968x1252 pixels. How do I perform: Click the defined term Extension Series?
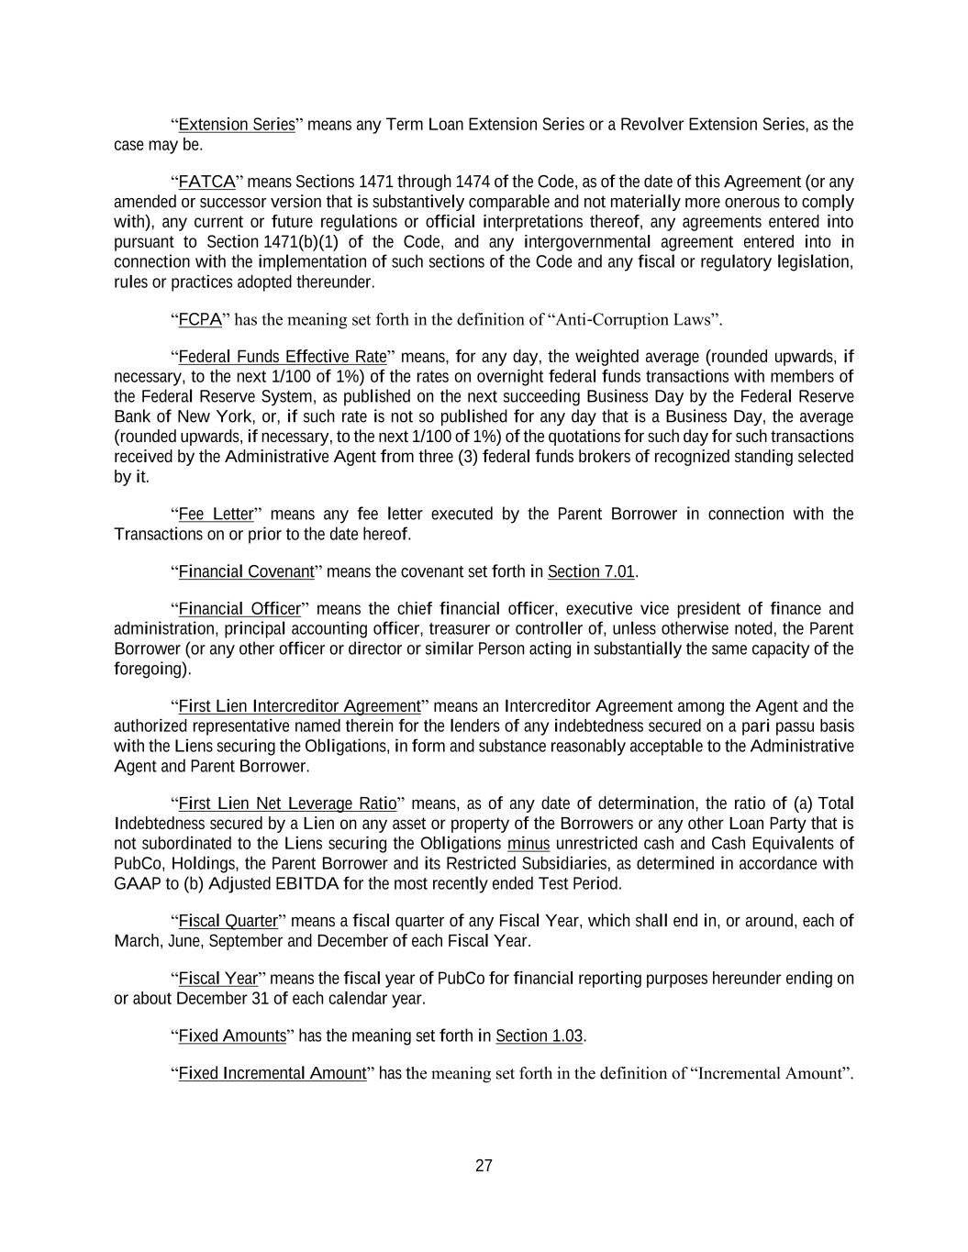pyautogui.click(x=237, y=125)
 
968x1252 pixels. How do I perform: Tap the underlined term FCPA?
pyautogui.click(x=200, y=319)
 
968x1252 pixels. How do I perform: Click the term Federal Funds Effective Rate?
pyautogui.click(x=283, y=357)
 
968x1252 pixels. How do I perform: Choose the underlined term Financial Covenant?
pyautogui.click(x=246, y=572)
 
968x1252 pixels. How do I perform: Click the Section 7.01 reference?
pyautogui.click(x=591, y=572)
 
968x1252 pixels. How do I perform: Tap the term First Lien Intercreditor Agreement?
pyautogui.click(x=299, y=706)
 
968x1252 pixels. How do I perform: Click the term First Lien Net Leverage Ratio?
pyautogui.click(x=287, y=804)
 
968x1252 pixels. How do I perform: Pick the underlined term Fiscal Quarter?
pyautogui.click(x=228, y=921)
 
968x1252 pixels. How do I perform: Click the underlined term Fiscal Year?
pyautogui.click(x=217, y=979)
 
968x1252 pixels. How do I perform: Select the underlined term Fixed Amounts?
pyautogui.click(x=232, y=1036)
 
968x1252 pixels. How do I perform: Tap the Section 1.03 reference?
pyautogui.click(x=540, y=1036)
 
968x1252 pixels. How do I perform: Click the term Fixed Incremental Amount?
pyautogui.click(x=273, y=1073)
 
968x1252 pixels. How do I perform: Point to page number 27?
pyautogui.click(x=484, y=1167)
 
